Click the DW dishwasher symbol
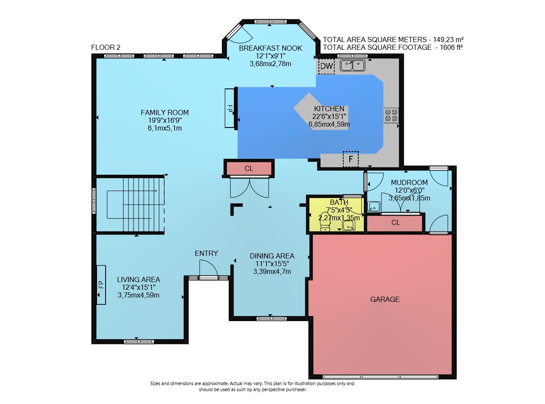(327, 66)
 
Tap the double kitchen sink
(352, 65)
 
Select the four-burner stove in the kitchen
(391, 115)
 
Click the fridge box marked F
(351, 159)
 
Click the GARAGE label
(385, 299)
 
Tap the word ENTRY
(206, 253)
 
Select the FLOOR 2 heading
(106, 47)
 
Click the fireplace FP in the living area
(101, 285)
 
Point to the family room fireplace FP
(230, 108)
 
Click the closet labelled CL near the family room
(248, 168)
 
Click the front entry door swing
(209, 269)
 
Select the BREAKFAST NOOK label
(270, 48)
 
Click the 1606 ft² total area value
(451, 47)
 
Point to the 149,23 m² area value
(448, 39)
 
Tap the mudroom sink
(374, 207)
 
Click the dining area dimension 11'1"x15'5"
(272, 264)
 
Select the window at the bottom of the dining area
(272, 319)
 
